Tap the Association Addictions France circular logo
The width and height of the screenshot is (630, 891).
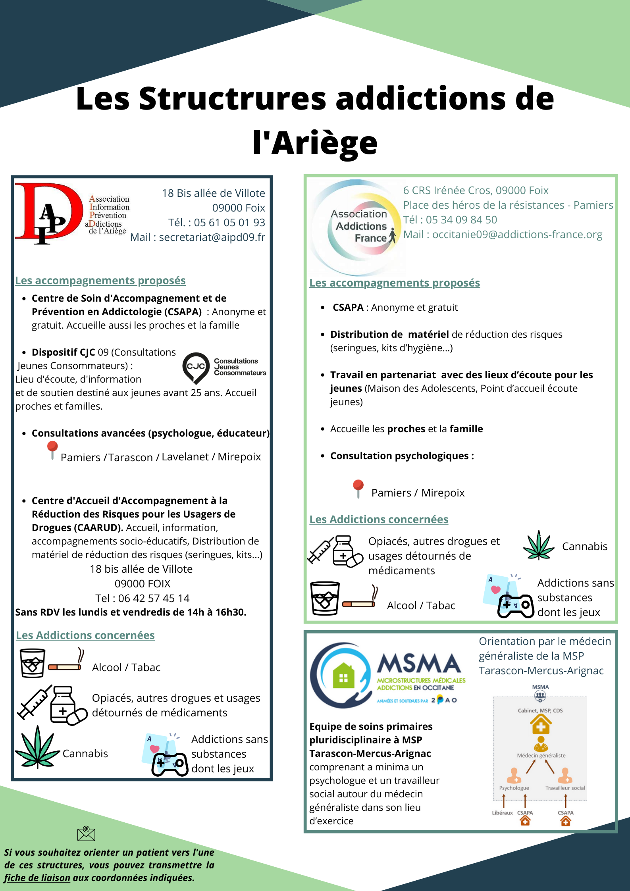[357, 227]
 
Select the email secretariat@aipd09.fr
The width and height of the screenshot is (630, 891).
[212, 237]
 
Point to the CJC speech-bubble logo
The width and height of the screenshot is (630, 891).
[196, 367]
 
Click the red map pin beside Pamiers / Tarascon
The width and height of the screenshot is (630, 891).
[52, 450]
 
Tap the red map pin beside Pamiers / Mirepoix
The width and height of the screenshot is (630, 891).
[358, 488]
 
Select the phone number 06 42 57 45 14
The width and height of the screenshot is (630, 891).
[154, 598]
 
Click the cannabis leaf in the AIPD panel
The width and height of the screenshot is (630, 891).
[37, 747]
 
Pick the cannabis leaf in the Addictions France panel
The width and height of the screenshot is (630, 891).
[538, 546]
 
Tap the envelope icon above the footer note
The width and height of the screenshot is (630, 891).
[86, 834]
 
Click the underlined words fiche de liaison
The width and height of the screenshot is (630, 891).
[37, 878]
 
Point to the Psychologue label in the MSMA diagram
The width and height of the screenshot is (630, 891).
[514, 788]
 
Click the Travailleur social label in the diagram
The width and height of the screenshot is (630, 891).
[565, 788]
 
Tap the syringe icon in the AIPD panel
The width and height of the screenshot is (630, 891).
[34, 702]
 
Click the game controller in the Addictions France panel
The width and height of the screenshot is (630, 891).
[515, 606]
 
